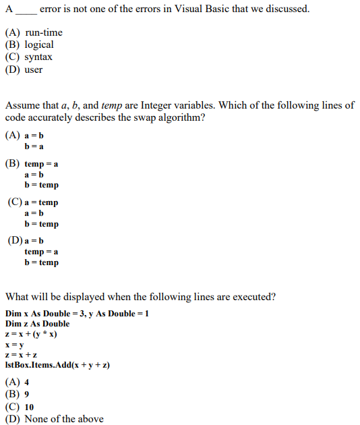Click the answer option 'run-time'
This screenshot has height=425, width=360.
[x=44, y=32]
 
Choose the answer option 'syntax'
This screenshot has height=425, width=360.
[x=38, y=57]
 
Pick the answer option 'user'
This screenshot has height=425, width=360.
[x=34, y=69]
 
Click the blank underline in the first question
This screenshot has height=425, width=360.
[x=26, y=9]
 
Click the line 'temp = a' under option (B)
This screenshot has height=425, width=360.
[x=41, y=164]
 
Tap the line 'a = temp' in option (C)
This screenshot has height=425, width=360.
[x=41, y=202]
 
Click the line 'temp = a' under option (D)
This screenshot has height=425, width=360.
[x=41, y=252]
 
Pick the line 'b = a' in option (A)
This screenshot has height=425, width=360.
[x=34, y=146]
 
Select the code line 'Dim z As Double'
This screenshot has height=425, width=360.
[x=37, y=324]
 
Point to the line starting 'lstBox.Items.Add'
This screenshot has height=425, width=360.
[x=57, y=364]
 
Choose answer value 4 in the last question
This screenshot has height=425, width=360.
[x=26, y=382]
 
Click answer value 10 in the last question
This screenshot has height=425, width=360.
[x=29, y=407]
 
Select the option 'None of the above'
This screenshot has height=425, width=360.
[x=64, y=419]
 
